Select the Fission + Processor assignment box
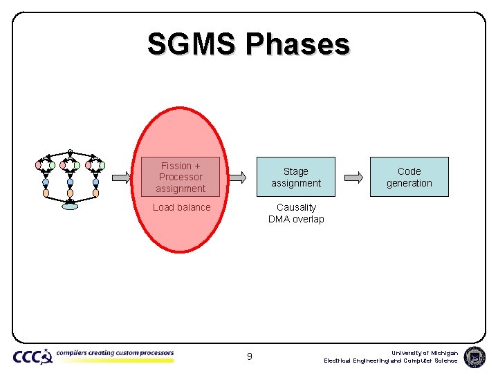point(181,177)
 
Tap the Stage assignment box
point(296,177)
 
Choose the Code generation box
point(409,177)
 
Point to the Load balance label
point(181,207)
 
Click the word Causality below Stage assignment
point(296,207)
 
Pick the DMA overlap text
point(296,220)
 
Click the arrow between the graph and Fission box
point(121,177)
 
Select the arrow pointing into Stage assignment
point(237,177)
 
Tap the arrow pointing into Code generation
point(353,177)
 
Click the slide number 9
point(249,356)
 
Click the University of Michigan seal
point(474,356)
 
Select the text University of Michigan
point(424,352)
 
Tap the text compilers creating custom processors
point(115,353)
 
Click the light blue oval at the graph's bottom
point(70,205)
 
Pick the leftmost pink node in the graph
point(39,165)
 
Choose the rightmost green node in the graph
point(102,166)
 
